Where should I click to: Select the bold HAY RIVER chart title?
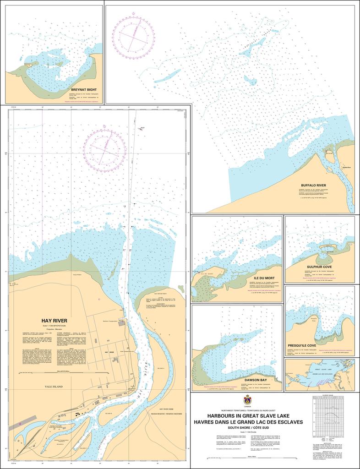54,321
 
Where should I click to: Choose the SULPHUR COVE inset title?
319,267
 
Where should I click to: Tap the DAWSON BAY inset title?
256,380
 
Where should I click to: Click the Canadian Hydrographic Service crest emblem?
248,400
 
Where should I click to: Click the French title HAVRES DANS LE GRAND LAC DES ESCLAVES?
248,422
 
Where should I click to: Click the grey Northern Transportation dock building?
121,323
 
